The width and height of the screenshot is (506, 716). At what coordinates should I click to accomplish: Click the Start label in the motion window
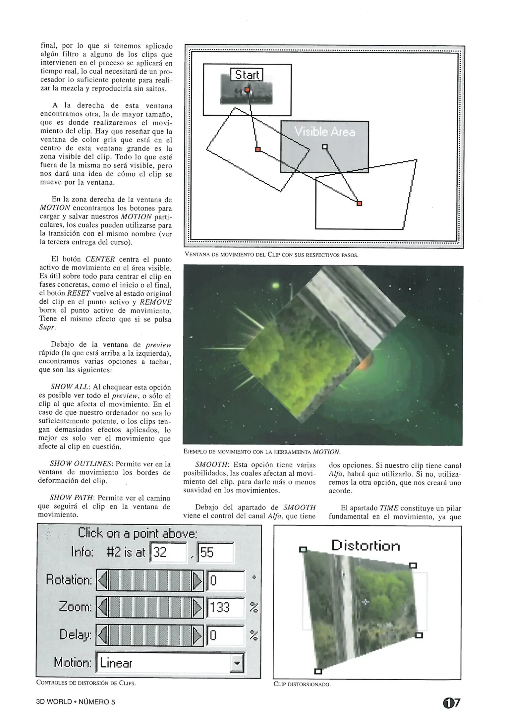[x=247, y=75]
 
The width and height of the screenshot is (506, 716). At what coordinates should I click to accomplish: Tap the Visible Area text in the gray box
[x=325, y=132]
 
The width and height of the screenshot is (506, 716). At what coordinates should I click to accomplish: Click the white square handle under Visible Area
[x=325, y=147]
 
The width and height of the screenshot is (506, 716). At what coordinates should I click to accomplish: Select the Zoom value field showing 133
[x=225, y=607]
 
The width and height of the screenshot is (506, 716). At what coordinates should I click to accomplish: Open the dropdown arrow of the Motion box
[x=237, y=663]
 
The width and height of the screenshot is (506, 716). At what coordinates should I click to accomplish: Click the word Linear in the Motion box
[x=116, y=663]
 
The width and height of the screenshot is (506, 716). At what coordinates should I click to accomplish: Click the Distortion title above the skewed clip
[x=365, y=546]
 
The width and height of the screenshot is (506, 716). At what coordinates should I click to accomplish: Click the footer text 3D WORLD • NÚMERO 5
[x=76, y=702]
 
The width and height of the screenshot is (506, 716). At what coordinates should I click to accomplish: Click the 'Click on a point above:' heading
[x=138, y=533]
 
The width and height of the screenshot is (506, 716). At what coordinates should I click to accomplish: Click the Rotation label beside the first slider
[x=69, y=580]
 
